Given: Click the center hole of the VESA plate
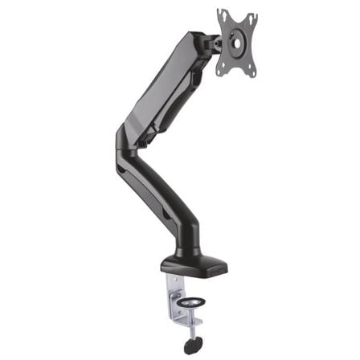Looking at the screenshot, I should tap(238, 42).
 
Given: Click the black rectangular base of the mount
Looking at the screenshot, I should tap(193, 263).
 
